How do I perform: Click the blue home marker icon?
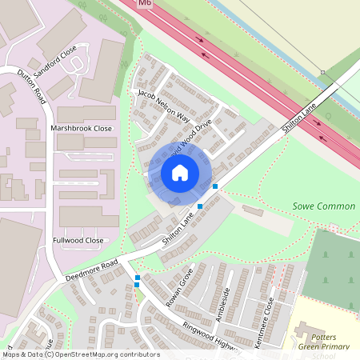(x=180, y=172)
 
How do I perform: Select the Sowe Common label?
(x=323, y=206)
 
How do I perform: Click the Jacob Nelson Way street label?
(x=163, y=106)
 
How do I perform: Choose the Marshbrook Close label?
(x=81, y=127)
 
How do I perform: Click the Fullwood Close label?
(x=78, y=240)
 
